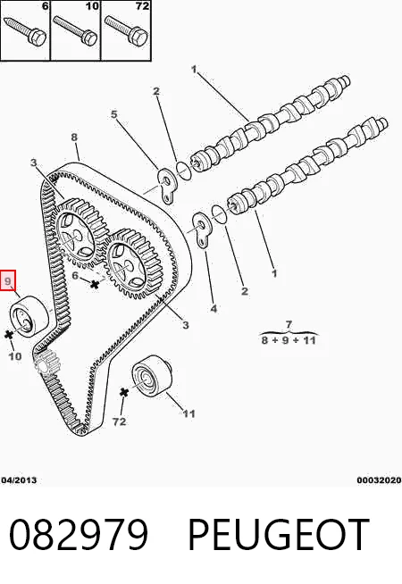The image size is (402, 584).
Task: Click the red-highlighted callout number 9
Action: click(8, 280)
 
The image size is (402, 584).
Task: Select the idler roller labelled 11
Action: click(152, 376)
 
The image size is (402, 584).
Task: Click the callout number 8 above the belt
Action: click(74, 137)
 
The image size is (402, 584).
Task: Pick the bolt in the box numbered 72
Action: click(127, 30)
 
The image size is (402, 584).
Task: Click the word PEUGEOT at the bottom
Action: click(279, 535)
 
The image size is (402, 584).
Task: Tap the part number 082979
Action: click(79, 535)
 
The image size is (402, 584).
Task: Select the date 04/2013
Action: click(19, 480)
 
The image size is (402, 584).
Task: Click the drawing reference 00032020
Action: click(380, 480)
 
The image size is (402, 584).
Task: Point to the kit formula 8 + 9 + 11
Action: click(289, 340)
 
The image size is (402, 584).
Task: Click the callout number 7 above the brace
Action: click(289, 324)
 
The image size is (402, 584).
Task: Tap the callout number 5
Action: click(114, 114)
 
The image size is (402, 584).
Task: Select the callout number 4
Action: click(214, 308)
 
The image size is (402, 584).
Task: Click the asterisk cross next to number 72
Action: click(124, 392)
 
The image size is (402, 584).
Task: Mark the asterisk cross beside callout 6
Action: click(95, 285)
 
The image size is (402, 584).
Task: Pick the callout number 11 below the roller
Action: click(188, 413)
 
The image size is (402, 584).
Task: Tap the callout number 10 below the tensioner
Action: click(15, 356)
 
